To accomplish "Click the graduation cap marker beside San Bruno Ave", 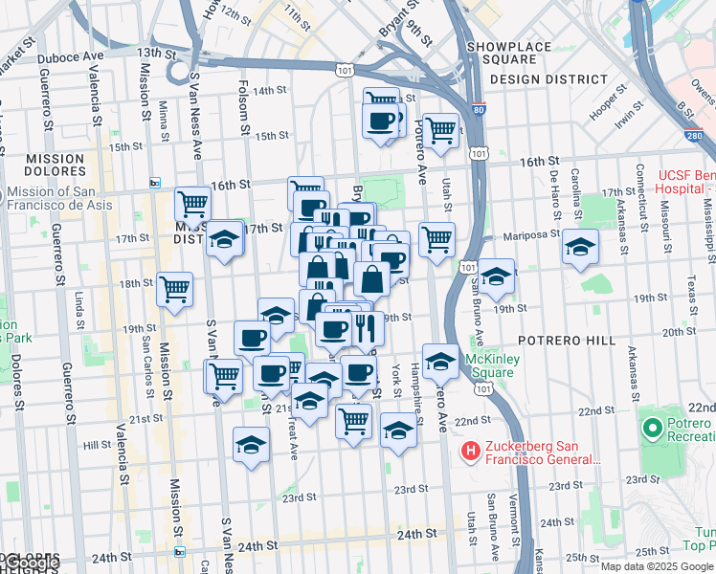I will coord(496,276).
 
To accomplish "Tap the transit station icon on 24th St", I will coord(179,552).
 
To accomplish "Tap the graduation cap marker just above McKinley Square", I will coord(440,361).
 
